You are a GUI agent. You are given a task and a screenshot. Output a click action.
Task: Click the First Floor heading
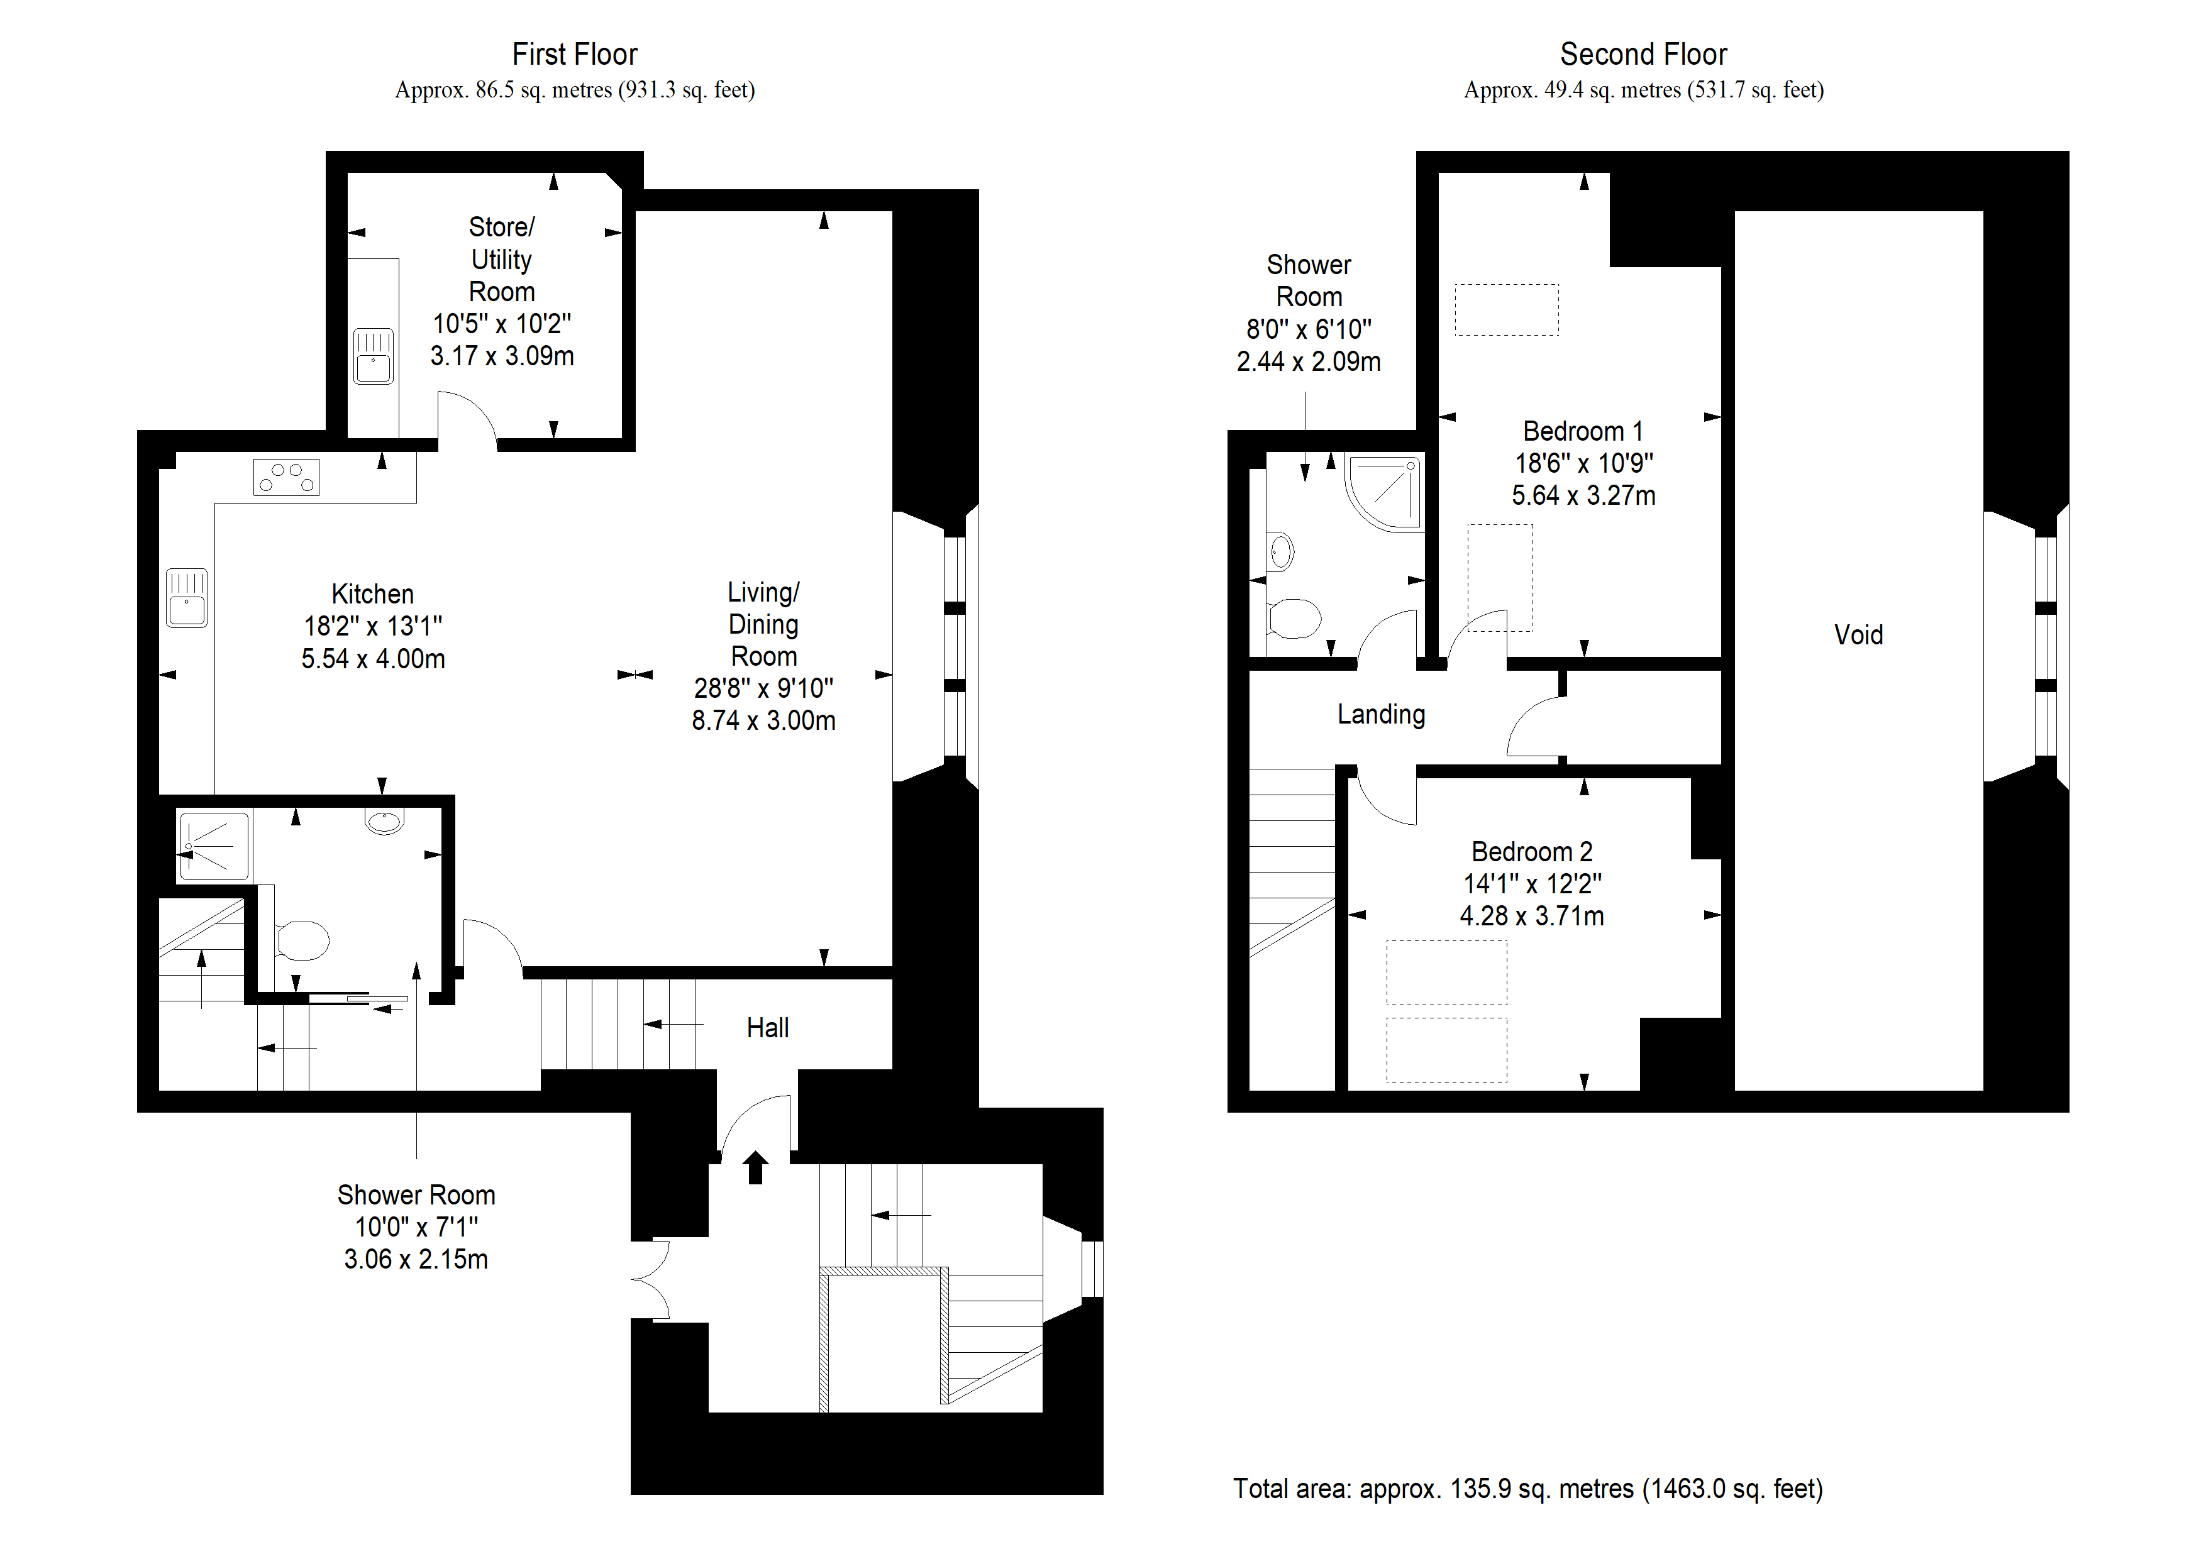point(575,54)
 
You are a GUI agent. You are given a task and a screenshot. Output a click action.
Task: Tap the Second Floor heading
point(1643,54)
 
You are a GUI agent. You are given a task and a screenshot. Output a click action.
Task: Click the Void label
point(1858,635)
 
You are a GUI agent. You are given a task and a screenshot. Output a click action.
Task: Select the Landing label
point(1381,715)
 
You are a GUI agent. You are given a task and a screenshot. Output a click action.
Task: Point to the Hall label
point(768,1028)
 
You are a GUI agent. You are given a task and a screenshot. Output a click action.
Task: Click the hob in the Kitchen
point(286,477)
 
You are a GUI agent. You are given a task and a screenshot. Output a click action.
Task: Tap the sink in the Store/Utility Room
point(373,356)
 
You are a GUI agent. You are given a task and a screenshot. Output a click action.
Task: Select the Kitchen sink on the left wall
point(186,597)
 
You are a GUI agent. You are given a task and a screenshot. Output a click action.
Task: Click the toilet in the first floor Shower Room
point(301,940)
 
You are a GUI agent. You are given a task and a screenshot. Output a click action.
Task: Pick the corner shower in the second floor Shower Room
point(1385,493)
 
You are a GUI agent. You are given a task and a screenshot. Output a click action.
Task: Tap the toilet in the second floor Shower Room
point(1294,619)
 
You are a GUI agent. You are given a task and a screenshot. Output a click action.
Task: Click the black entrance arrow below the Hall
point(755,1167)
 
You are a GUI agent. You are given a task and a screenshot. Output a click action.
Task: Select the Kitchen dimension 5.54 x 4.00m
point(373,659)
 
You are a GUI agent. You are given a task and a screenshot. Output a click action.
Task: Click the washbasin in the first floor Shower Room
point(384,821)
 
